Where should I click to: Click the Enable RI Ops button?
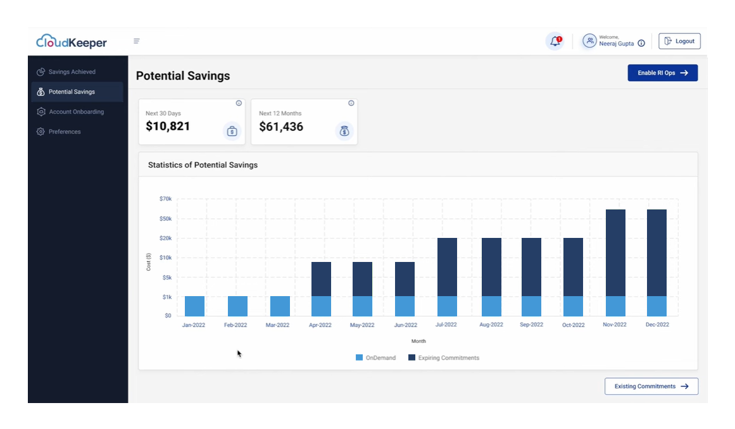pyautogui.click(x=662, y=73)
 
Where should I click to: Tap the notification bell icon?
pyautogui.click(x=555, y=41)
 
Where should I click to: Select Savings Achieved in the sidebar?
pyautogui.click(x=72, y=72)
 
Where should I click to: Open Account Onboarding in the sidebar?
pyautogui.click(x=76, y=112)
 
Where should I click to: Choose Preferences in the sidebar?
pyautogui.click(x=65, y=132)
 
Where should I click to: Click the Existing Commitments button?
pyautogui.click(x=651, y=386)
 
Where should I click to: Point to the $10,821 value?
pyautogui.click(x=168, y=127)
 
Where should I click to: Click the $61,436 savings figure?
pyautogui.click(x=281, y=127)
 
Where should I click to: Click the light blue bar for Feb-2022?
pyautogui.click(x=237, y=306)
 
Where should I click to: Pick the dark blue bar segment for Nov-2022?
pyautogui.click(x=615, y=252)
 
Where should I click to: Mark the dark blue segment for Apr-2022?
pyautogui.click(x=321, y=279)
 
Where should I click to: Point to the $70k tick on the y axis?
pyautogui.click(x=165, y=199)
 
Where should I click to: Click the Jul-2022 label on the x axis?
pyautogui.click(x=446, y=325)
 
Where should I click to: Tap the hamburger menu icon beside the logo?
pyautogui.click(x=136, y=41)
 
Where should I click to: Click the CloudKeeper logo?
pyautogui.click(x=72, y=42)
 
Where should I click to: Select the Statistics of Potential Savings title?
pyautogui.click(x=203, y=165)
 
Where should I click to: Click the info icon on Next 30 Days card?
pyautogui.click(x=239, y=103)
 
